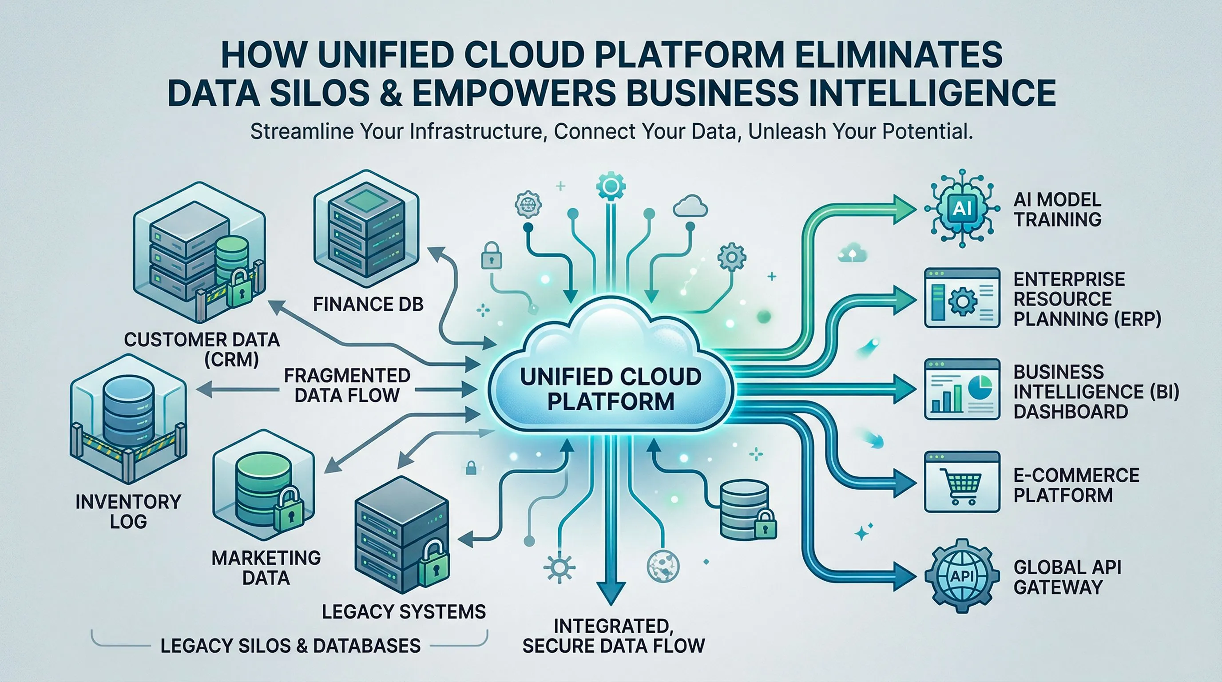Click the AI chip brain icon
pyautogui.click(x=961, y=209)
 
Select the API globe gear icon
pyautogui.click(x=961, y=576)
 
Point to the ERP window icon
pyautogui.click(x=961, y=298)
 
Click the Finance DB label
pyautogui.click(x=368, y=305)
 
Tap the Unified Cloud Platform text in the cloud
pyautogui.click(x=611, y=389)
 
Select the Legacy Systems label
pyautogui.click(x=404, y=612)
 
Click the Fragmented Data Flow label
pyautogui.click(x=347, y=385)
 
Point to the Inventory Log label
pyautogui.click(x=128, y=511)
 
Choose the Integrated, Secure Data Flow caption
pyautogui.click(x=613, y=636)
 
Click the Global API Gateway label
pyautogui.click(x=1067, y=577)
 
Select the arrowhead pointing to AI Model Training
pyautogui.click(x=903, y=209)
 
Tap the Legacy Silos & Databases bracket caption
pyautogui.click(x=290, y=646)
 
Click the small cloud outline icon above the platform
pyautogui.click(x=690, y=206)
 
